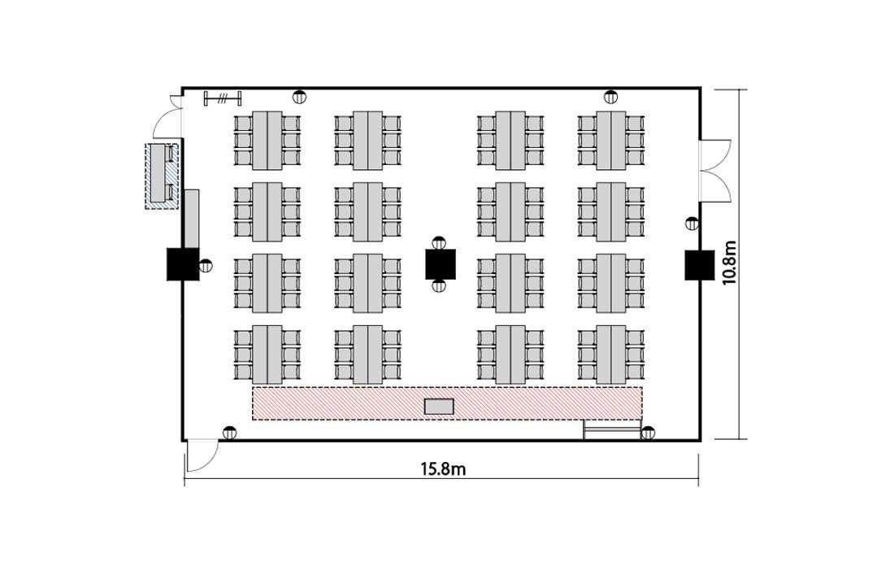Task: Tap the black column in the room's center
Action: [440, 263]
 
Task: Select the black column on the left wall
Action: [182, 263]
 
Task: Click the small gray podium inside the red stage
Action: [440, 406]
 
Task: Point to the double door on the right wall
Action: [715, 171]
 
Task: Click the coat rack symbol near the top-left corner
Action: [223, 99]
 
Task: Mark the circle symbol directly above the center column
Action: [440, 242]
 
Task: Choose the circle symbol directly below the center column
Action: [440, 285]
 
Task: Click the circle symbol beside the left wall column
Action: [206, 264]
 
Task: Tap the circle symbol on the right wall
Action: [692, 224]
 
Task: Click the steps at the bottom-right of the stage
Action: [611, 431]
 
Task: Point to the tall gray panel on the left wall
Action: [192, 217]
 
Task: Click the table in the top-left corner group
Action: [267, 140]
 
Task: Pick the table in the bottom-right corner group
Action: [611, 354]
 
